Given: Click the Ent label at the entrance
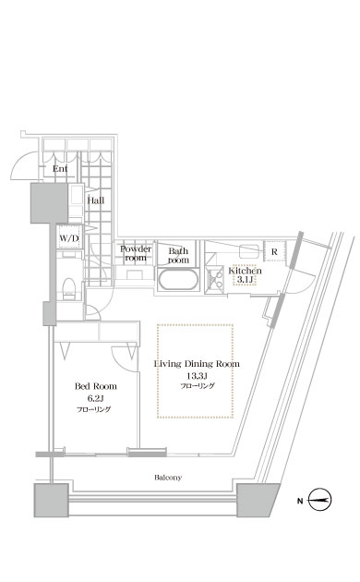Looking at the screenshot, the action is click(60, 169).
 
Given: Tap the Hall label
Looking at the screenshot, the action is click(96, 200).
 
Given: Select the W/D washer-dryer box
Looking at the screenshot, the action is click(69, 237).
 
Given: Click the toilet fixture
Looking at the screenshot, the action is click(69, 288).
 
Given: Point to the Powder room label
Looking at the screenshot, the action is click(136, 253).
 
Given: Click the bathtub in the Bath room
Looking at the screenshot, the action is click(177, 280).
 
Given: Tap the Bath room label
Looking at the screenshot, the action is click(179, 256).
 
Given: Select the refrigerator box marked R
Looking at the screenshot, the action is click(274, 251).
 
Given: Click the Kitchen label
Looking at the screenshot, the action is click(245, 271).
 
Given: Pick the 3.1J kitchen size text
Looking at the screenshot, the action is click(245, 280).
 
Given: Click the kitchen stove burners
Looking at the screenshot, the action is click(215, 278).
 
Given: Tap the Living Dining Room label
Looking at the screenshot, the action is click(197, 364).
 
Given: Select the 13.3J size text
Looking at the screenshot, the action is click(197, 376).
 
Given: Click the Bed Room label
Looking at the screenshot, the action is click(96, 386).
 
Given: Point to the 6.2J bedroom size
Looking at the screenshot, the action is click(95, 398).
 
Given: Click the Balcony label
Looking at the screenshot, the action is click(168, 478).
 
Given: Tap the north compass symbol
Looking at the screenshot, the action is click(320, 500).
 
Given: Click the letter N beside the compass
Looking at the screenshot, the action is click(300, 501).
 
